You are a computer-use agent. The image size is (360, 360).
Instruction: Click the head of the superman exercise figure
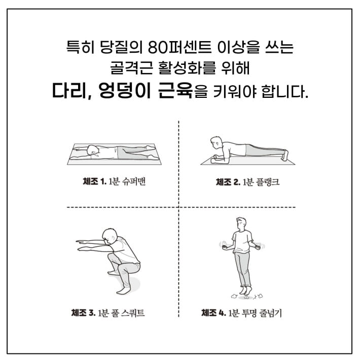coord(93,150)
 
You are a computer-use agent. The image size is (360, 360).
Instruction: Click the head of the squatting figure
coord(108,236)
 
